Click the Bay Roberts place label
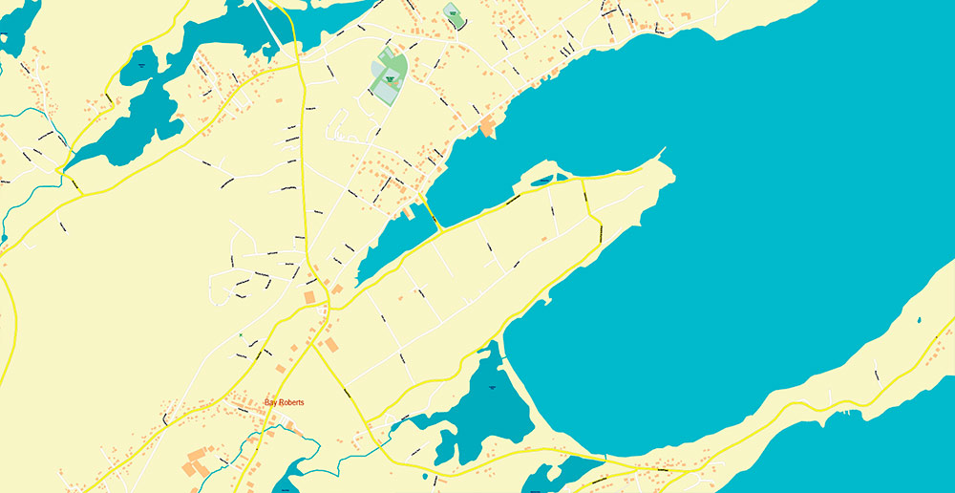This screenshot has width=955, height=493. pyautogui.click(x=285, y=403)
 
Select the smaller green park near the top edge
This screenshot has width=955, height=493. pyautogui.click(x=453, y=14)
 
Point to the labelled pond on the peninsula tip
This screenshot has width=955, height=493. pyautogui.click(x=542, y=180)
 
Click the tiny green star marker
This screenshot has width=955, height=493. pyautogui.click(x=241, y=335)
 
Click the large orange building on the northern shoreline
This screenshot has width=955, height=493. pyautogui.click(x=488, y=126)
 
